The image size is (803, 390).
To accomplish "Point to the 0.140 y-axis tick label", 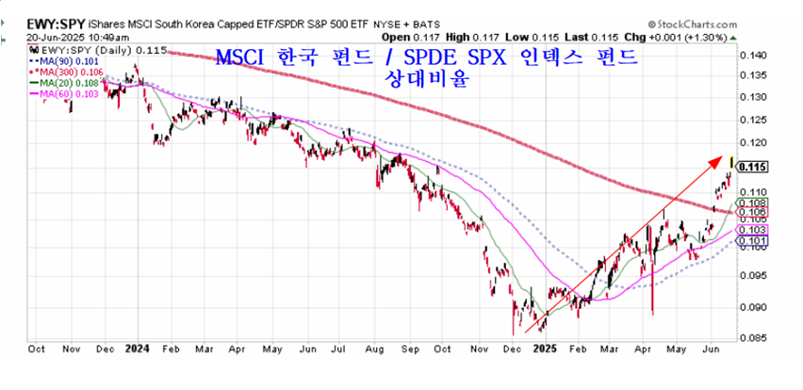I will pyautogui.click(x=753, y=57).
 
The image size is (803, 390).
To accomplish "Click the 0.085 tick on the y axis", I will pyautogui.click(x=753, y=336).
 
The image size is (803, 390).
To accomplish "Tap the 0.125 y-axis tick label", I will pyautogui.click(x=753, y=122).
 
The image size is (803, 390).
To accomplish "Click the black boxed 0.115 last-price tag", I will pyautogui.click(x=754, y=167).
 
